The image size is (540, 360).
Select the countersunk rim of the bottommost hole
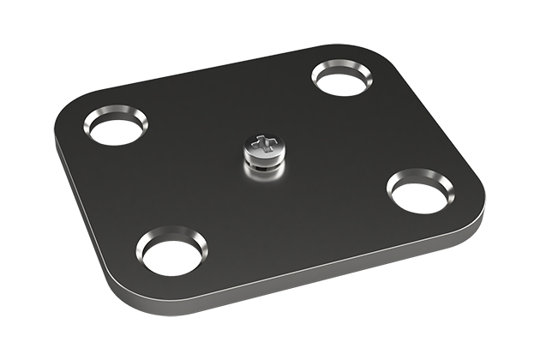[171, 235]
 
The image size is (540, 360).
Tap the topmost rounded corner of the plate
[360, 48]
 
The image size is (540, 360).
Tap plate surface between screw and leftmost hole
[184, 146]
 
